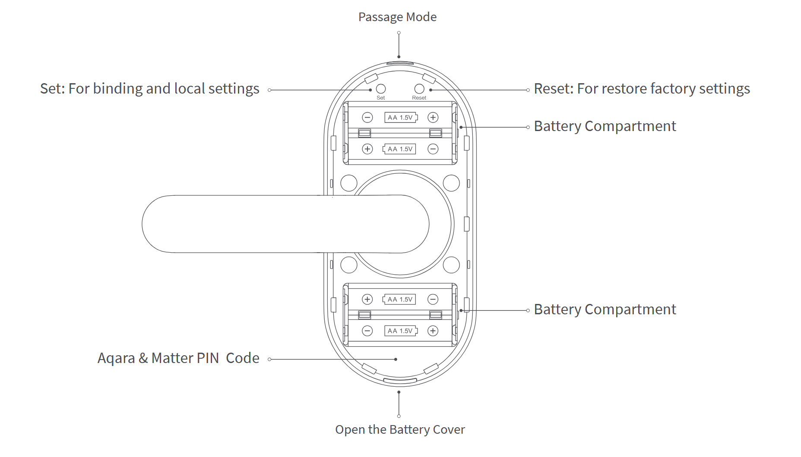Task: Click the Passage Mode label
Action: pyautogui.click(x=397, y=17)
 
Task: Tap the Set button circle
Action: pyautogui.click(x=381, y=89)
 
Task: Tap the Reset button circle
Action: pyautogui.click(x=419, y=89)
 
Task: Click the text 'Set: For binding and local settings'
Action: pyautogui.click(x=149, y=89)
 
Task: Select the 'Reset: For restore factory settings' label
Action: pyautogui.click(x=642, y=89)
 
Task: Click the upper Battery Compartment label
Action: pyautogui.click(x=605, y=126)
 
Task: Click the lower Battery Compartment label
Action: pyautogui.click(x=605, y=310)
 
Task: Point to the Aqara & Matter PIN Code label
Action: pyautogui.click(x=178, y=358)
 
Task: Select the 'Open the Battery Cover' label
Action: pyautogui.click(x=400, y=430)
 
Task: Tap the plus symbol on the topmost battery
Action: pyautogui.click(x=433, y=117)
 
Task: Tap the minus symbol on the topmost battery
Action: pyautogui.click(x=367, y=117)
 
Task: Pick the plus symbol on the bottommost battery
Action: pyautogui.click(x=433, y=331)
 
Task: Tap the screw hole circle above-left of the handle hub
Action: pyautogui.click(x=349, y=183)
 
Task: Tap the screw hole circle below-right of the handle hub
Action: pyautogui.click(x=451, y=265)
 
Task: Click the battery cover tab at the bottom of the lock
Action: pyautogui.click(x=400, y=381)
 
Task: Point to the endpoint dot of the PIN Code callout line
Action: pyautogui.click(x=396, y=359)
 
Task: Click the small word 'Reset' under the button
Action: pyautogui.click(x=419, y=98)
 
